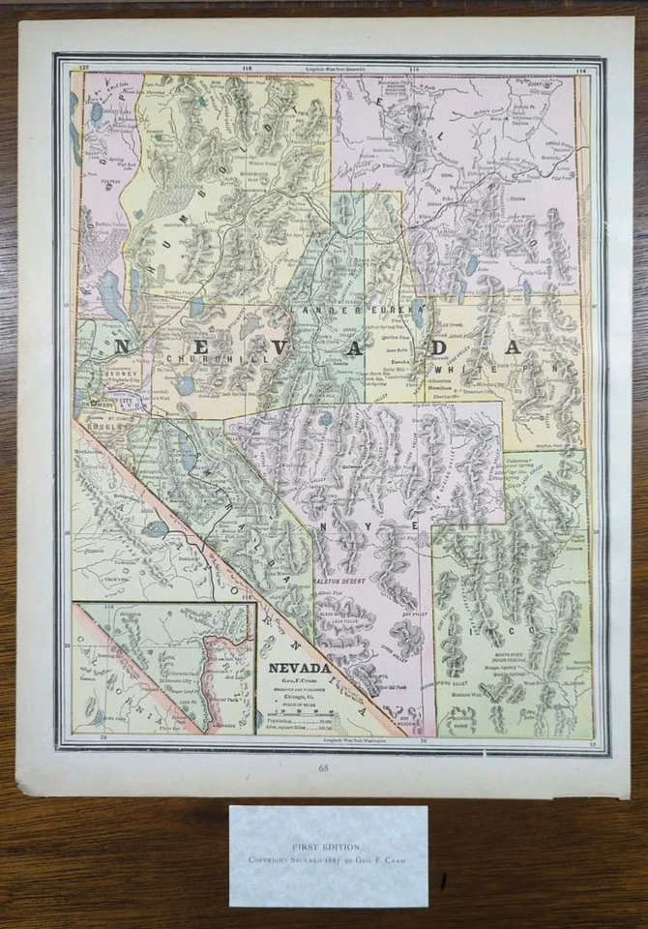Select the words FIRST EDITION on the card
click(x=328, y=844)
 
